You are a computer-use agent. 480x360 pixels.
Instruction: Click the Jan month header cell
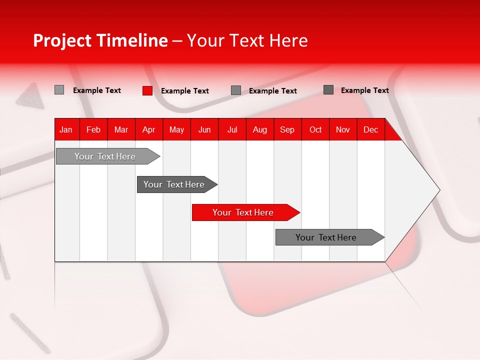[x=66, y=129]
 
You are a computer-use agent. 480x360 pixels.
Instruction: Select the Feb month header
[x=93, y=129]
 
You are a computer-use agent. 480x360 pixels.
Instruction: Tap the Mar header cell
[x=121, y=129]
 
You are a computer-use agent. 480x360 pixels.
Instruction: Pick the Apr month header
[x=149, y=129]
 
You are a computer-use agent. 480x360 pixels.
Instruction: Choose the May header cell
[x=176, y=129]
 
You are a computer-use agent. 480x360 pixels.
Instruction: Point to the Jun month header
[x=204, y=129]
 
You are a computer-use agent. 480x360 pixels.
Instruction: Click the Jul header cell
[x=232, y=129]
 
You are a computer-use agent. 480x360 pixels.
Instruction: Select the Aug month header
[x=260, y=129]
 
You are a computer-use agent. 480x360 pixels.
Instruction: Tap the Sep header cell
[x=287, y=129]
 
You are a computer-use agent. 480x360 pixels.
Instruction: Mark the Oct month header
[x=315, y=129]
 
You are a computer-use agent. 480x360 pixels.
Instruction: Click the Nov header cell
[x=343, y=129]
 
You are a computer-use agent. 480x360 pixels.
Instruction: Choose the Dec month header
[x=371, y=129]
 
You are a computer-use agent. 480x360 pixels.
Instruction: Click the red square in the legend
[x=147, y=90]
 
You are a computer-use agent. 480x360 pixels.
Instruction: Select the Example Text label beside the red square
[x=185, y=91]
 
